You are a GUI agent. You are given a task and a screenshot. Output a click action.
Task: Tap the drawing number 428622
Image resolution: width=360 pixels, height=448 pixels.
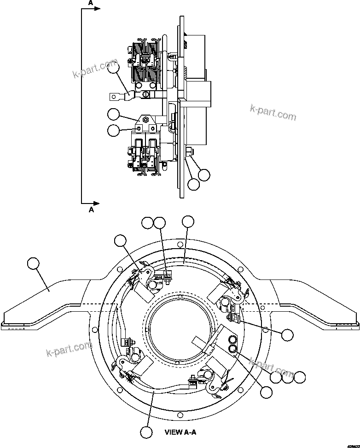(350, 444)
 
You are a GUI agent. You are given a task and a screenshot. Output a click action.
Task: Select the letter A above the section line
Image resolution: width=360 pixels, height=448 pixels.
(91, 3)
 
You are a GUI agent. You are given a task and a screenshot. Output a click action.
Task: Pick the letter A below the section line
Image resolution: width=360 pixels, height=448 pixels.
(91, 210)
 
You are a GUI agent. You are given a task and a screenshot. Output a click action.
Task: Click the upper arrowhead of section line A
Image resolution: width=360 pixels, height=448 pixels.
(96, 9)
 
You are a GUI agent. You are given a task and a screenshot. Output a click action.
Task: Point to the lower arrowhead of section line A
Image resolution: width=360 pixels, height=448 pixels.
(96, 203)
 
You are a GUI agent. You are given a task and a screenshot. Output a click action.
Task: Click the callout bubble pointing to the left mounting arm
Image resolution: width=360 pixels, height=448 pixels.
(34, 264)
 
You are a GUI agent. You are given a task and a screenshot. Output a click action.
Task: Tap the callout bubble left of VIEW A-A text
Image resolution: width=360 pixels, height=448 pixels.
(146, 432)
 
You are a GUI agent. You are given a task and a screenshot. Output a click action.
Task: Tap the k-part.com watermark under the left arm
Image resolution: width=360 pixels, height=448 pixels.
(69, 349)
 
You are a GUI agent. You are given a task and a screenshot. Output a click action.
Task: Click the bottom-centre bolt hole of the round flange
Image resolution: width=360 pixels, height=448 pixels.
(181, 413)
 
